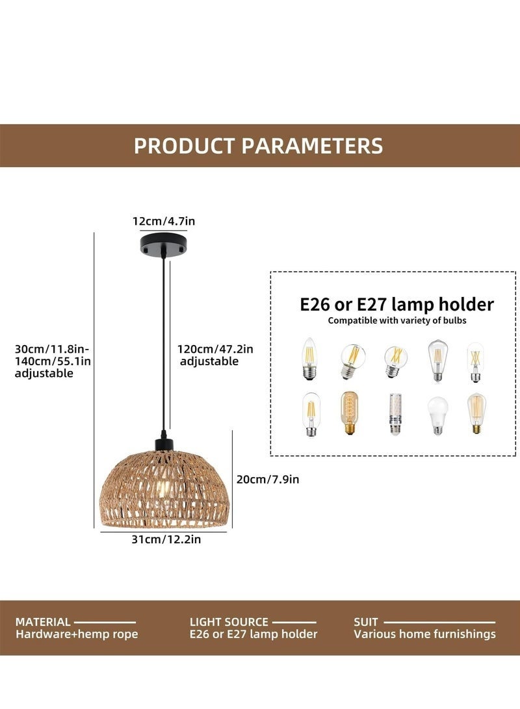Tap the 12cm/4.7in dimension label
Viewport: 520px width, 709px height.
[164, 222]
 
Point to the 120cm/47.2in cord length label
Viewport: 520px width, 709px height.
[216, 349]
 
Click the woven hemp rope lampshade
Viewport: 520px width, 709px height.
[164, 488]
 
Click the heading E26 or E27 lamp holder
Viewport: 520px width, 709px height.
[396, 304]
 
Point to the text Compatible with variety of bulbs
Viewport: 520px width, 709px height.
[396, 320]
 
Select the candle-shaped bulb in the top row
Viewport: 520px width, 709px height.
[309, 359]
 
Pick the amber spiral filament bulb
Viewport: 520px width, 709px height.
[350, 413]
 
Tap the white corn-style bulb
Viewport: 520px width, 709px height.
[394, 414]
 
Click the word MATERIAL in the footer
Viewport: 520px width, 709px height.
[43, 622]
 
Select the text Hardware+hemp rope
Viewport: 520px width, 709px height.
[77, 634]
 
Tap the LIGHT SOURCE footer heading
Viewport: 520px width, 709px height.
[229, 622]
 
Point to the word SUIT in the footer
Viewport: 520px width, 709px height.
[365, 622]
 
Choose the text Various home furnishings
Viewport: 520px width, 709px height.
[424, 634]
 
